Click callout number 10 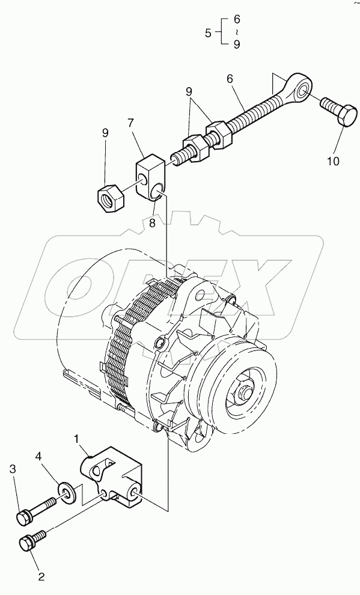(333, 160)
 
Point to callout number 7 (130, 123)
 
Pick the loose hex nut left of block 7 (110, 197)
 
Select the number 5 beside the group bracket (208, 33)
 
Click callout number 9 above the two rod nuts (189, 93)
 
